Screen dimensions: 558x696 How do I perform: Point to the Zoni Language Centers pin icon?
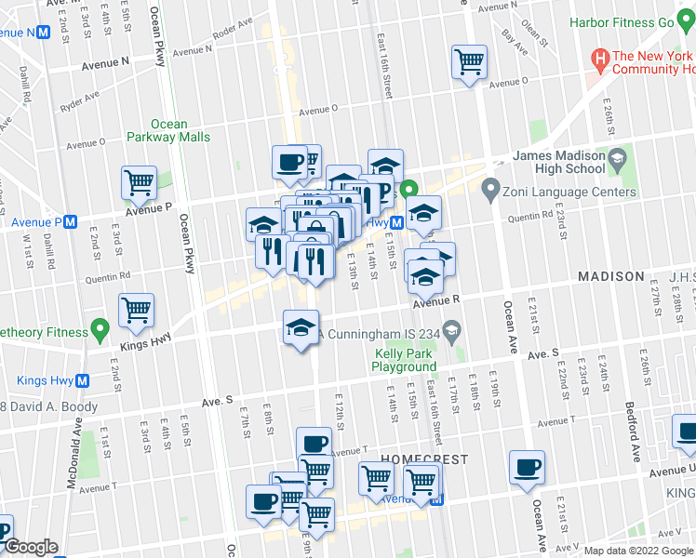pyautogui.click(x=490, y=193)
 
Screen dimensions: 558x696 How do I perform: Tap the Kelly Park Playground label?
pyautogui.click(x=404, y=360)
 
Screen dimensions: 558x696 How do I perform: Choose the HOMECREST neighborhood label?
pyautogui.click(x=420, y=460)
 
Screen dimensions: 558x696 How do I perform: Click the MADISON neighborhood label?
pyautogui.click(x=610, y=277)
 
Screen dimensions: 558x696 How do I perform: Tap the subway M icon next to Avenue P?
pyautogui.click(x=70, y=223)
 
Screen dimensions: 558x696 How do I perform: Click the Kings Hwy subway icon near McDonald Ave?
pyautogui.click(x=83, y=380)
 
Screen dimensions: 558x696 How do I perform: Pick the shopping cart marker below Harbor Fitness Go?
pyautogui.click(x=470, y=62)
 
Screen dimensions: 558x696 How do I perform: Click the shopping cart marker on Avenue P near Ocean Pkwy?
pyautogui.click(x=140, y=182)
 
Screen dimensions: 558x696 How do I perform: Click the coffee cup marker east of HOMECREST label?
pyautogui.click(x=528, y=467)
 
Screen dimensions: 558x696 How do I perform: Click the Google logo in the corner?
pyautogui.click(x=30, y=548)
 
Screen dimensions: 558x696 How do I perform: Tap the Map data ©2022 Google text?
pyautogui.click(x=638, y=551)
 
